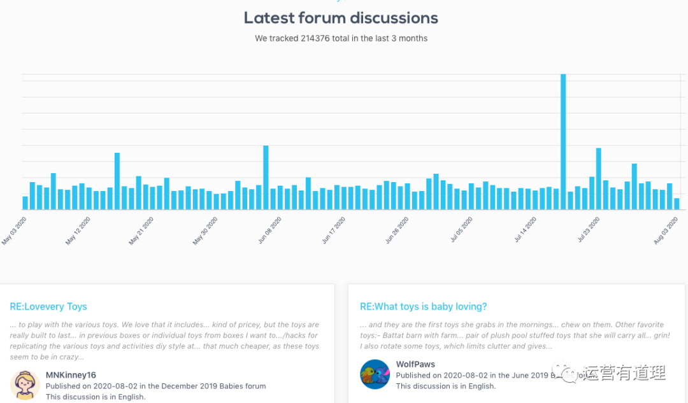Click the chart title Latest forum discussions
tap(341, 18)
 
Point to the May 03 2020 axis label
tap(15, 230)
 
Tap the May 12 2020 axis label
tap(78, 230)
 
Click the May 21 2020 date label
tap(142, 230)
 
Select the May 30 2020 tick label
tap(206, 230)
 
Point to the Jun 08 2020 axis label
tap(269, 230)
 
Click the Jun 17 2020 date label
tap(333, 230)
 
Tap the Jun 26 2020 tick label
tap(397, 230)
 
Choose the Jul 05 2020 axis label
tap(461, 230)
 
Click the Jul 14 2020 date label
tap(525, 230)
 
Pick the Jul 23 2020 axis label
tap(589, 230)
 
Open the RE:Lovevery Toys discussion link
tap(48, 307)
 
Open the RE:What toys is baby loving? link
tap(423, 307)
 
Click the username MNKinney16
tap(71, 375)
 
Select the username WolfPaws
tap(415, 364)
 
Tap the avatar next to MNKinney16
tap(25, 385)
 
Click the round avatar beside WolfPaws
tap(375, 374)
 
